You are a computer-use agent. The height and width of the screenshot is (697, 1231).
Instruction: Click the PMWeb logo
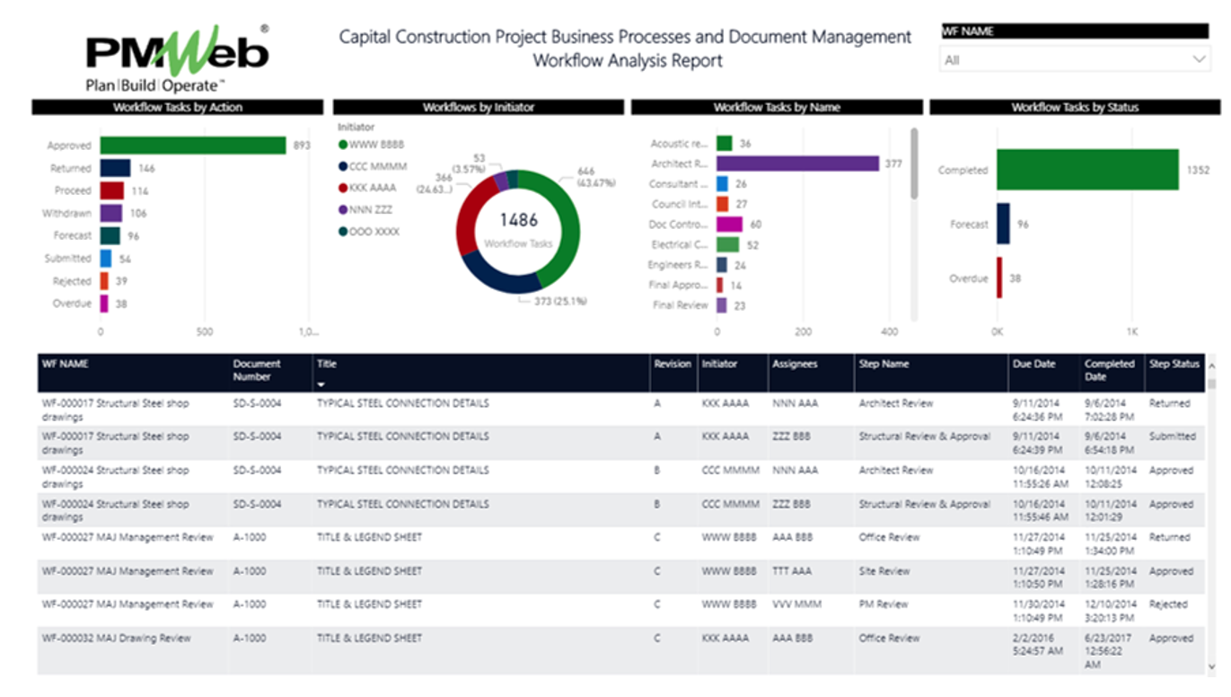coord(177,57)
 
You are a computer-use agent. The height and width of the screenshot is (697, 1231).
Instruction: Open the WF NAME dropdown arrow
coord(1199,59)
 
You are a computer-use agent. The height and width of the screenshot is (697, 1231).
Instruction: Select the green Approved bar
coord(193,146)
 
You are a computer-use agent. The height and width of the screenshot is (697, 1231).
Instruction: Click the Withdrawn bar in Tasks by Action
coord(110,213)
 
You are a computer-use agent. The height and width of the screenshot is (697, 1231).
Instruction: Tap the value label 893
coord(302,146)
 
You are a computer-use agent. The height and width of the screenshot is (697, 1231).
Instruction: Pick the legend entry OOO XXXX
coord(372,232)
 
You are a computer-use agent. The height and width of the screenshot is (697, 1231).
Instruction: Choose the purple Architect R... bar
coord(797,163)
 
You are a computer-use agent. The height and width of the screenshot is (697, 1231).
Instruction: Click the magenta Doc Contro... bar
coord(729,224)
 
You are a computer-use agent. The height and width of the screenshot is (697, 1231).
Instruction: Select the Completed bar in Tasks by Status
coord(1086,170)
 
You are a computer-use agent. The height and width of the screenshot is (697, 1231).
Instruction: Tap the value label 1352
coord(1198,171)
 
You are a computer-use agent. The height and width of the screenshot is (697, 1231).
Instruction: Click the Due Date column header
coord(1033,365)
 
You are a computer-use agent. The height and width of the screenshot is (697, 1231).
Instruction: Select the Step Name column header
coord(884,365)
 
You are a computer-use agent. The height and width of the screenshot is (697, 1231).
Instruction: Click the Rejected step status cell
coord(1168,604)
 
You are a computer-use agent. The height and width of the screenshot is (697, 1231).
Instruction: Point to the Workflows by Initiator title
coord(479,107)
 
